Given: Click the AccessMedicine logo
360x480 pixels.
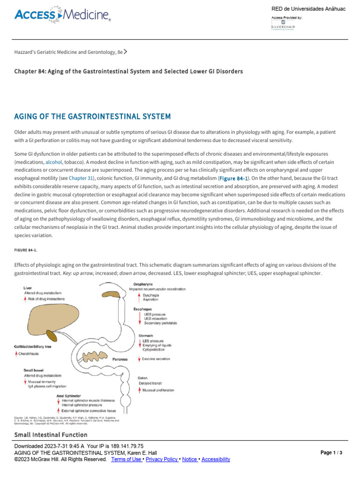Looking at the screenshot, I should point(63,16).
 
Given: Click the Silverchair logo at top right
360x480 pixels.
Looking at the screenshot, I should point(284,27).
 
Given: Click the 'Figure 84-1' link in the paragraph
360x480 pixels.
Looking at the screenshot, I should point(234,178).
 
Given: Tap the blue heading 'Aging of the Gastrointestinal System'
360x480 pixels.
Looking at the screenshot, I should point(92,116).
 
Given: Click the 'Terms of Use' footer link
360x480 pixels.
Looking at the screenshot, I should point(127,459).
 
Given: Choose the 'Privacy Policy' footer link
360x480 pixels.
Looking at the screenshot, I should point(162,459).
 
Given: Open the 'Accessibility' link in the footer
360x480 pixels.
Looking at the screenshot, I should point(216,459).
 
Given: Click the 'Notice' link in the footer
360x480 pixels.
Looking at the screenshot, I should point(189,459).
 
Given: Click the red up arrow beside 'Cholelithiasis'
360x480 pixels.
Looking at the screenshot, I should point(16,354).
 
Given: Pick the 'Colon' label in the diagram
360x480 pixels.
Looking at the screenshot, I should point(142,377).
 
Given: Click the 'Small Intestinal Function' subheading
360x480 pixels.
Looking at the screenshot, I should point(51,435).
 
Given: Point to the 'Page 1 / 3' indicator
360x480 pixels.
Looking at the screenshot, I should point(331,453).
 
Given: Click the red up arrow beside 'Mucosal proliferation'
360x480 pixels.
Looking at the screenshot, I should point(140,390).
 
